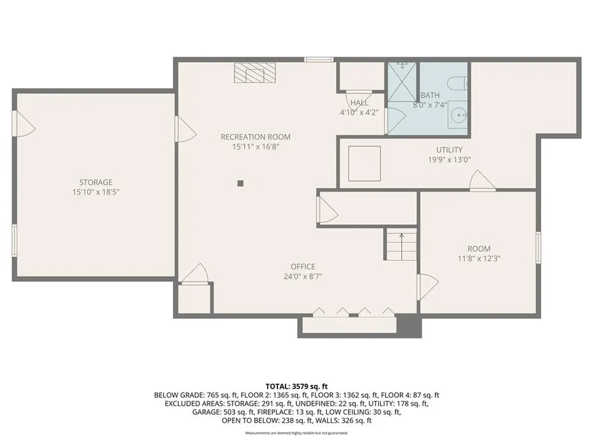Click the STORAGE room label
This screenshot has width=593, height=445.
pos(96,182)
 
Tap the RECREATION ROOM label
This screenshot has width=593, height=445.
pos(255,137)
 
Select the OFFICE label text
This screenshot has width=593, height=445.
pos(303,267)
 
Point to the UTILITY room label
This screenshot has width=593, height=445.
pos(449,149)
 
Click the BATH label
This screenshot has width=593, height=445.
pos(430,96)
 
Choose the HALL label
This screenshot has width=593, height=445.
pos(359,103)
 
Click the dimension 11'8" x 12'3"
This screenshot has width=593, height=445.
pos(479,258)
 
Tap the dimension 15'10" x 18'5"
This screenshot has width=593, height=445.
pos(96,192)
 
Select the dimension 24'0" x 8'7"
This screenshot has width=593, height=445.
pos(303,276)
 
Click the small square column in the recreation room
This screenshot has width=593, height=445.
pos(240,184)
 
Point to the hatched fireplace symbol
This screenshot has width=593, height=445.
pos(256,73)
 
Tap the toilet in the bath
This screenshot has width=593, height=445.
pos(457,82)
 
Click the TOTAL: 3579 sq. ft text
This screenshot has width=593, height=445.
pos(296,386)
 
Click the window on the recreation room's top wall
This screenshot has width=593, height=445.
pos(319,59)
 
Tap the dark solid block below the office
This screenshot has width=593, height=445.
pos(409,326)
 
